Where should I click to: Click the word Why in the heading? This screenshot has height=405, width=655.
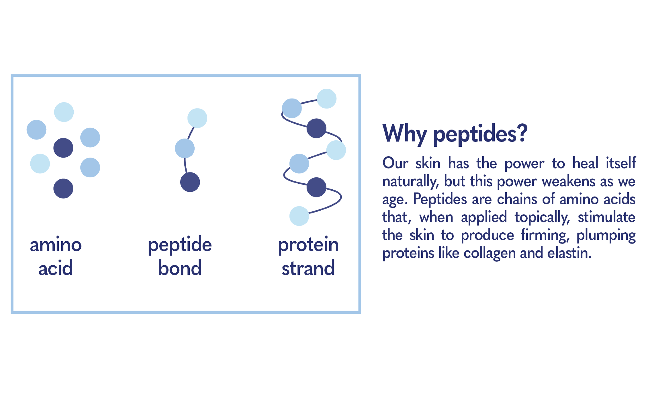[x=404, y=134]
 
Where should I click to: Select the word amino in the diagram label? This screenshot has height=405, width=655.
[x=56, y=245]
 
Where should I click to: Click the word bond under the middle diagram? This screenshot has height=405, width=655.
[x=180, y=268]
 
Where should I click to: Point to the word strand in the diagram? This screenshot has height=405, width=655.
[x=308, y=268]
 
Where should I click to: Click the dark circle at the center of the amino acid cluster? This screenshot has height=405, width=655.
[x=63, y=148]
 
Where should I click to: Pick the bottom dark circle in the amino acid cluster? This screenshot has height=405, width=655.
[x=63, y=189]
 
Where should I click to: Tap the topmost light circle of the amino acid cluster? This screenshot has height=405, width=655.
[x=64, y=112]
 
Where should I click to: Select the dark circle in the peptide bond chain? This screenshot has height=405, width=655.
[x=190, y=182]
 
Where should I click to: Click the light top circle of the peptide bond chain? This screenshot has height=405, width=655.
[x=197, y=118]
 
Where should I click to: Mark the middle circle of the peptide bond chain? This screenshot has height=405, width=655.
[x=184, y=148]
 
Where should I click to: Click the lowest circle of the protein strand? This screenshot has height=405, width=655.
[x=299, y=216]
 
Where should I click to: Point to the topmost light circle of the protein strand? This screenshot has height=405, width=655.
[x=326, y=98]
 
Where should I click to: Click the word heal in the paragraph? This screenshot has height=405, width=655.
[x=585, y=163]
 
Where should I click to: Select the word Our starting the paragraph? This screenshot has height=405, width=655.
[x=395, y=163]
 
